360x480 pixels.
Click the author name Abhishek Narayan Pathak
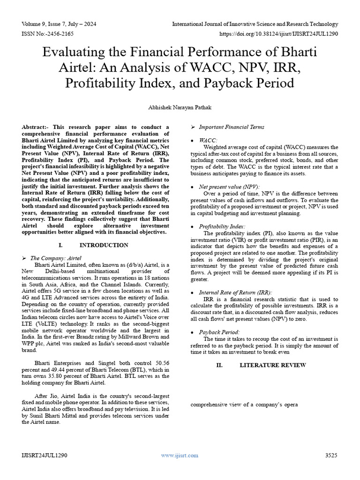(180, 107)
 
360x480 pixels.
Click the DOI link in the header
(279, 34)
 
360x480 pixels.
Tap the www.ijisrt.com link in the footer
(180, 455)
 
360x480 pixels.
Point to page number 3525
(331, 455)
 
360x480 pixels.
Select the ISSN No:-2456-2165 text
(47, 34)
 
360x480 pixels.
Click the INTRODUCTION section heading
(104, 245)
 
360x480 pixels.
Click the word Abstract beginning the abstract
(34, 127)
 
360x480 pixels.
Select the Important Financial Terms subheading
(232, 127)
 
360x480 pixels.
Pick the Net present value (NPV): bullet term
(229, 186)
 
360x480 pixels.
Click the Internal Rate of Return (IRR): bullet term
(235, 292)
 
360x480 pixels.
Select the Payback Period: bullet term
(219, 332)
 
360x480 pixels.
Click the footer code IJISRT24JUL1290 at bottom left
(45, 455)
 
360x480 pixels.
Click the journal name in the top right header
(255, 23)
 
